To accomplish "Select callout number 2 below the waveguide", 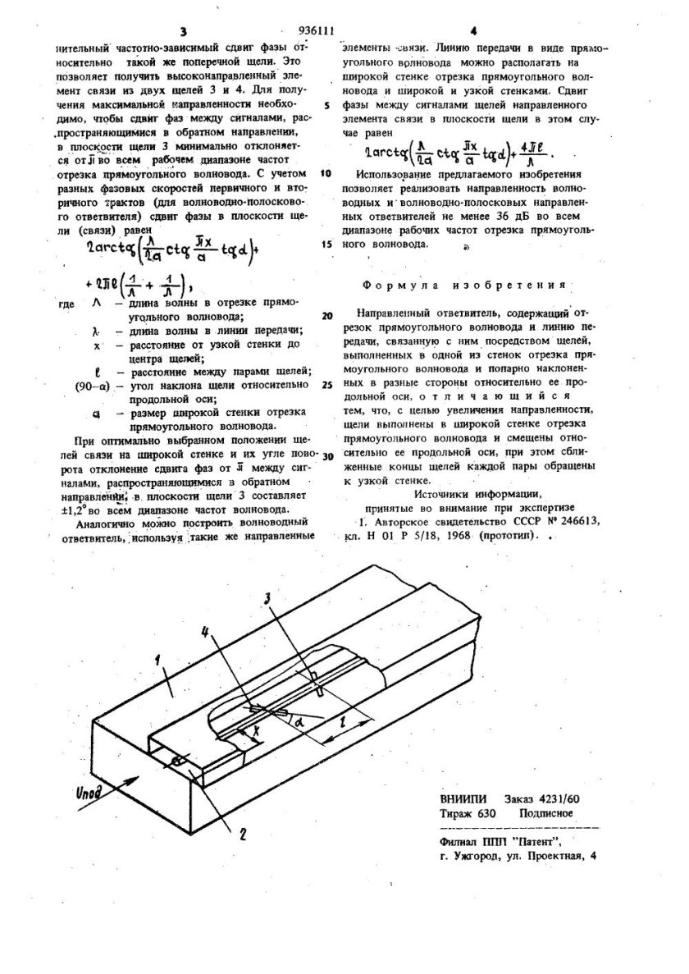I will pos(243,837).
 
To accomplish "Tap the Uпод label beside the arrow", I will pos(88,796).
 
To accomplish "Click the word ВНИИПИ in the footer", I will pos(464,799).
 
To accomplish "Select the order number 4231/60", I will pos(554,799).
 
